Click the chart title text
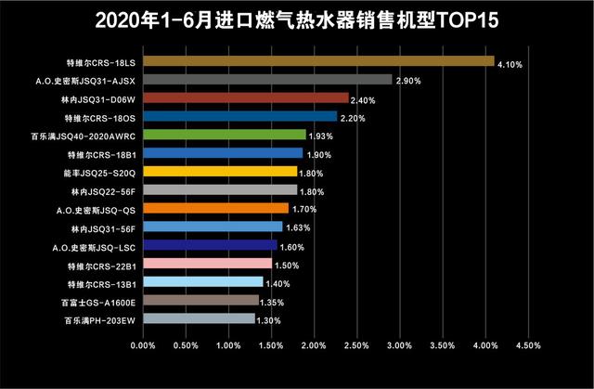coord(297,19)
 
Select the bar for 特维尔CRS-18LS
coord(318,61)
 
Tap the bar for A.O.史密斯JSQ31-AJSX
coord(267,80)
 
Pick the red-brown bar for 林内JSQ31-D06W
coord(246,98)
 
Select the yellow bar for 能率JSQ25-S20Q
coord(220,172)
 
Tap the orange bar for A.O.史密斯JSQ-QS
coord(216,209)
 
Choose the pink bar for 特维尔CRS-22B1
coord(207,264)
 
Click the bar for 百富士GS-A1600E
coord(200,301)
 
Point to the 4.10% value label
coord(510,65)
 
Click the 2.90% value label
coord(408,82)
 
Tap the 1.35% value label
coord(271,303)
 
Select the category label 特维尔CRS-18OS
coord(100,118)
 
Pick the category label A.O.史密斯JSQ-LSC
coord(96,247)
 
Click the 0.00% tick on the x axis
coord(143,345)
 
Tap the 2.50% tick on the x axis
coord(356,345)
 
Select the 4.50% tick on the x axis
coord(527,345)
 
